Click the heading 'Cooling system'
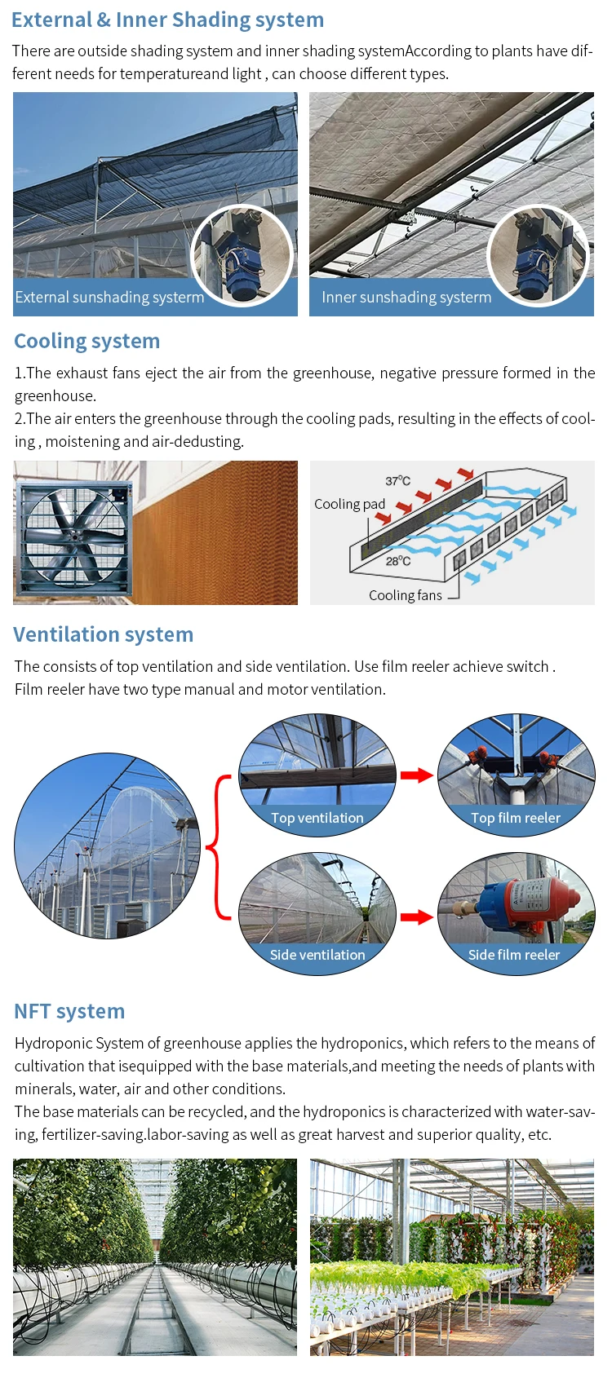(x=86, y=341)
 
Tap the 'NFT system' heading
(x=69, y=1011)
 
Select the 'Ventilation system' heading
(x=103, y=634)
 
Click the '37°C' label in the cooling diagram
(x=398, y=481)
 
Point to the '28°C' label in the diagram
(x=398, y=561)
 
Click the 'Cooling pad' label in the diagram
(x=349, y=504)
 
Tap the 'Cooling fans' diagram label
(x=406, y=595)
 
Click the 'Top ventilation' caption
(x=317, y=818)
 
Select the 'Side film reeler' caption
(x=514, y=955)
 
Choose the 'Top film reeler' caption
(x=516, y=818)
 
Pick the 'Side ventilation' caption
(x=317, y=955)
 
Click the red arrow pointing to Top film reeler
(x=416, y=775)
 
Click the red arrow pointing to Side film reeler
(x=416, y=917)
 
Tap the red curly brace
(x=219, y=847)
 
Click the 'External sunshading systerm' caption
(x=109, y=298)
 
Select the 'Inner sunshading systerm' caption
(x=406, y=298)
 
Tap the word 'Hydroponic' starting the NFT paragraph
(x=49, y=1043)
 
